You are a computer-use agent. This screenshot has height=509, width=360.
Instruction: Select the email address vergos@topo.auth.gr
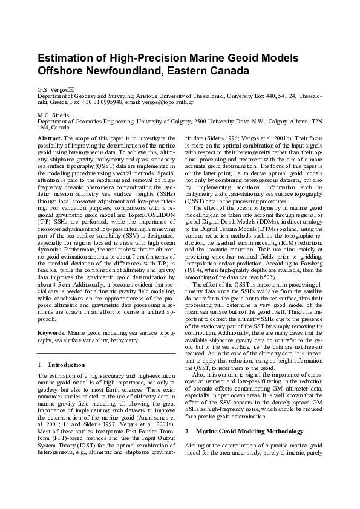(169, 102)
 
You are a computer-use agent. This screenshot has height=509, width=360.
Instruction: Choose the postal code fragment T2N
(318, 122)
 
